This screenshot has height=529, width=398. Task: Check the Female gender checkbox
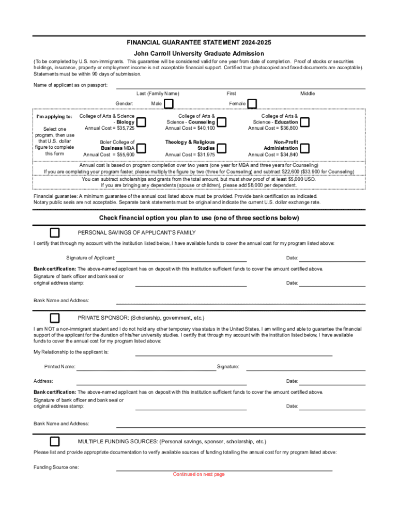tap(252, 104)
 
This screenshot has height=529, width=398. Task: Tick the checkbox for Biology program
tap(141, 122)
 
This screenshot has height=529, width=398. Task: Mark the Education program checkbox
tap(305, 122)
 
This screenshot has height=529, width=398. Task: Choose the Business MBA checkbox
tap(141, 148)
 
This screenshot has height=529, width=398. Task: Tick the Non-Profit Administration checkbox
tap(305, 148)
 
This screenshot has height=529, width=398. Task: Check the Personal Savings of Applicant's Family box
tap(54, 232)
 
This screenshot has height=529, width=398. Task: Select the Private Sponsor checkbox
tap(54, 317)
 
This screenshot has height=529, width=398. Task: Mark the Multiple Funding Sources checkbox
tap(54, 442)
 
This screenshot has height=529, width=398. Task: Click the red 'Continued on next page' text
tap(199, 474)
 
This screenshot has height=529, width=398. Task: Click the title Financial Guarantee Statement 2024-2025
tap(199, 42)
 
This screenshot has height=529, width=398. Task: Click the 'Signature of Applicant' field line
tap(181, 261)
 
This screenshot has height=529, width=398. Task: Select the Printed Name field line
tap(146, 369)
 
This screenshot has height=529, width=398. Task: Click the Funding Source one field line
tap(224, 470)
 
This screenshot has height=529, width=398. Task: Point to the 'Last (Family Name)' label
tap(158, 94)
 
